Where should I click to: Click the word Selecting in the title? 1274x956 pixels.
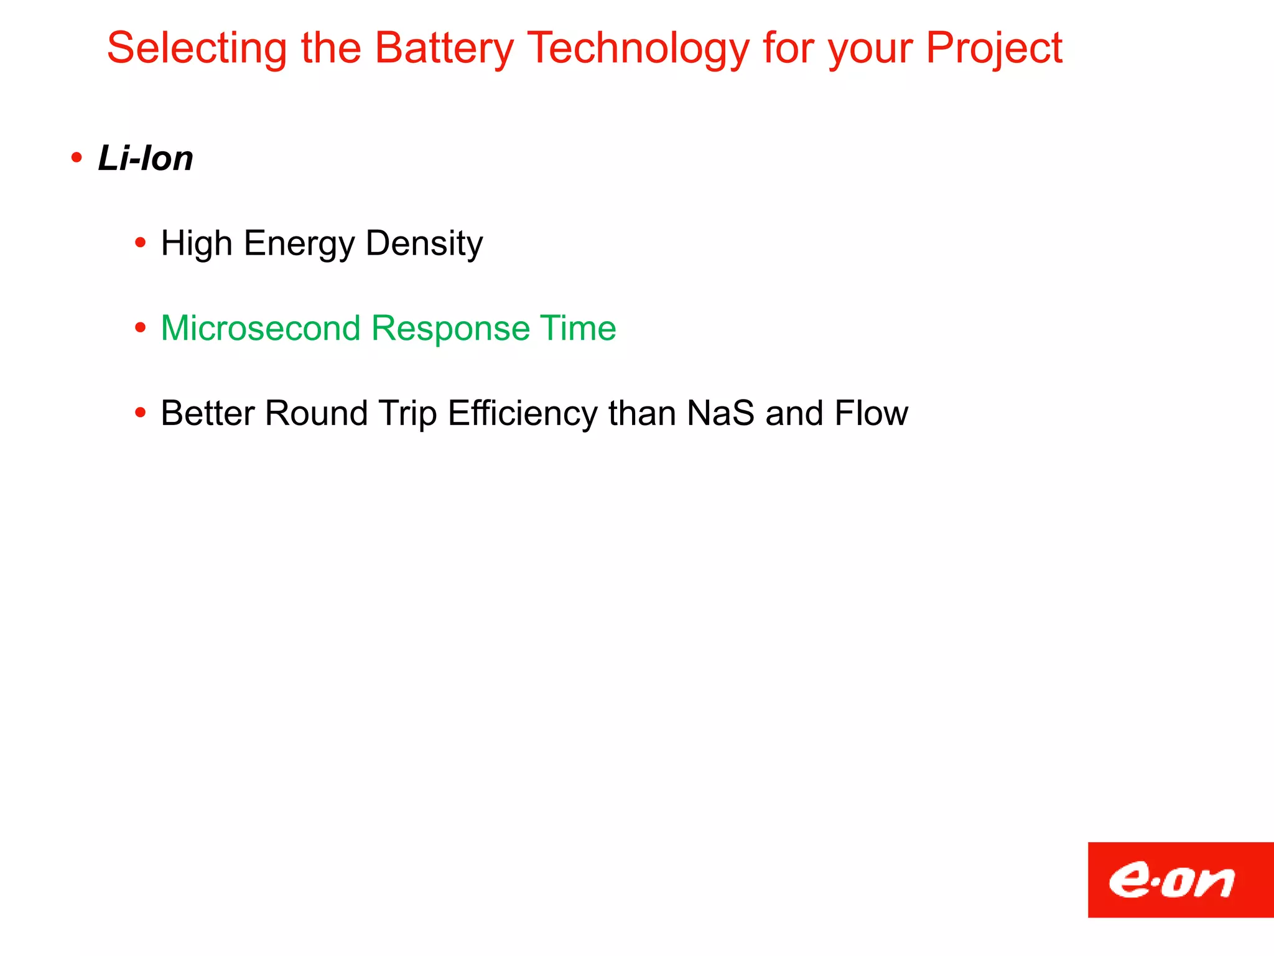[197, 49]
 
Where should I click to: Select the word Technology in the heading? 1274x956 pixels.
[638, 49]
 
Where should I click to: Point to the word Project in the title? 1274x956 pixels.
[993, 49]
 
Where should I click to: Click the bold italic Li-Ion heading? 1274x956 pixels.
[146, 158]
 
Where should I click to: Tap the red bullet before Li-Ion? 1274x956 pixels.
[77, 157]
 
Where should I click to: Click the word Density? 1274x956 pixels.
[424, 243]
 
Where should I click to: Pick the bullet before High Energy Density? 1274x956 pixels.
[141, 243]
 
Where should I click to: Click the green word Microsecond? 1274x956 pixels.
[260, 328]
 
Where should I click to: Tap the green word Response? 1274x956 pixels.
[450, 328]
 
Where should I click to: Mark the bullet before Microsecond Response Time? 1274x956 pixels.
[141, 327]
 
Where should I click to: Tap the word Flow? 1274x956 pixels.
[871, 413]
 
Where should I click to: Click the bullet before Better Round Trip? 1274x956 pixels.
[141, 413]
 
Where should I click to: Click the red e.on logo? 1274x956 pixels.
[1180, 879]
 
